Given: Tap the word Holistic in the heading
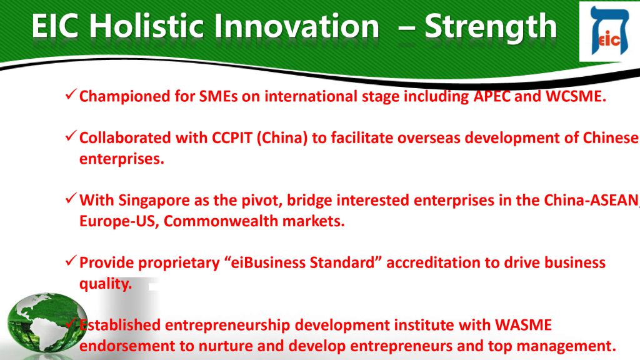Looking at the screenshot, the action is (x=146, y=26).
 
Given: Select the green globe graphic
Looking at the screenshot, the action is (x=46, y=322).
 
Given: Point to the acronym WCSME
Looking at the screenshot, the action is (x=576, y=96).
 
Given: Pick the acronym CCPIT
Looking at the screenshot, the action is (x=232, y=138).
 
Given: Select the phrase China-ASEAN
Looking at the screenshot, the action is (x=591, y=200).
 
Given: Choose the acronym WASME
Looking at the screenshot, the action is (x=523, y=325).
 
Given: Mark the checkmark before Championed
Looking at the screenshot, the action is (x=71, y=95).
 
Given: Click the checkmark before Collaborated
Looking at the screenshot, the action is (x=71, y=136).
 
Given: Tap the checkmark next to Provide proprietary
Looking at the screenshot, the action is (x=71, y=261).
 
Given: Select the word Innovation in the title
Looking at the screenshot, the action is (x=296, y=26).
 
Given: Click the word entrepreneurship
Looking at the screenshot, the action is (x=227, y=326).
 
